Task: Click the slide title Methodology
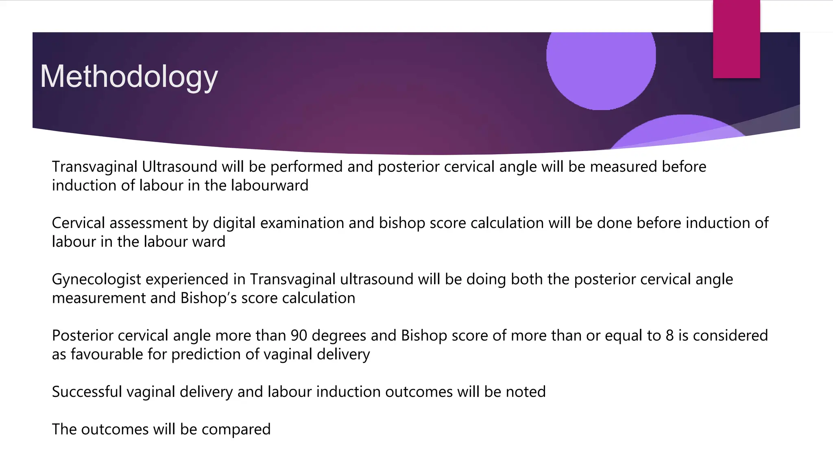click(x=129, y=77)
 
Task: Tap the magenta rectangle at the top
click(x=736, y=39)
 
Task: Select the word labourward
click(x=270, y=186)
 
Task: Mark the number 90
click(x=299, y=335)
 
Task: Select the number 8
click(x=669, y=335)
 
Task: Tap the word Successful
click(x=87, y=392)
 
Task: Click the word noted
click(x=526, y=392)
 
